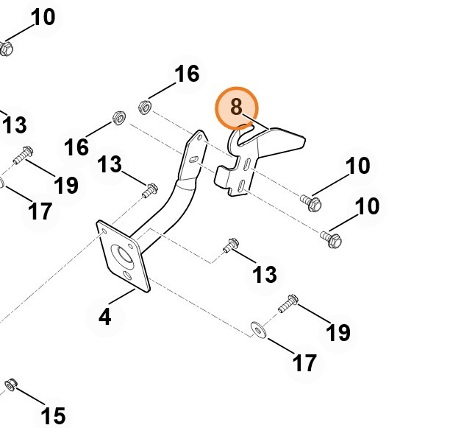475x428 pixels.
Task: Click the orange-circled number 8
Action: tap(236, 108)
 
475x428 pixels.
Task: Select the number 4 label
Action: tap(105, 318)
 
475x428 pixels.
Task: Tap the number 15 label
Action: tap(53, 415)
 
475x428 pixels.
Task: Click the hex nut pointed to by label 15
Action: tap(11, 385)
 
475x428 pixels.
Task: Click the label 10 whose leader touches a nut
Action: tap(43, 16)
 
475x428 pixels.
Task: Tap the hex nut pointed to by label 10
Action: tap(6, 49)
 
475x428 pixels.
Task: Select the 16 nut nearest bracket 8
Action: tap(145, 108)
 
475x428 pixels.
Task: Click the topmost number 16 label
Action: tap(187, 74)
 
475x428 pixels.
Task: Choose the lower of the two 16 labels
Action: tap(76, 147)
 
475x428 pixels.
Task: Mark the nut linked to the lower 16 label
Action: tap(117, 118)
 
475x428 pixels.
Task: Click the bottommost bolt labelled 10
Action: tap(331, 238)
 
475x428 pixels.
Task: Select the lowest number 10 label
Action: tap(367, 206)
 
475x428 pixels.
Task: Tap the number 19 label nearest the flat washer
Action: tap(337, 332)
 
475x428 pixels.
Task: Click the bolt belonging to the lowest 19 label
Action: tap(287, 301)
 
